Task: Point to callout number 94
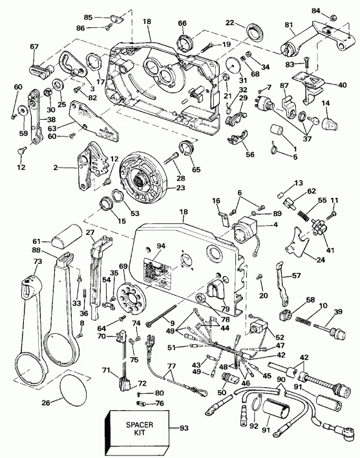pos(160,245)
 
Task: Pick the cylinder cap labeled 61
pos(66,239)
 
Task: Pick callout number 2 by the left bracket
pos(56,167)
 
